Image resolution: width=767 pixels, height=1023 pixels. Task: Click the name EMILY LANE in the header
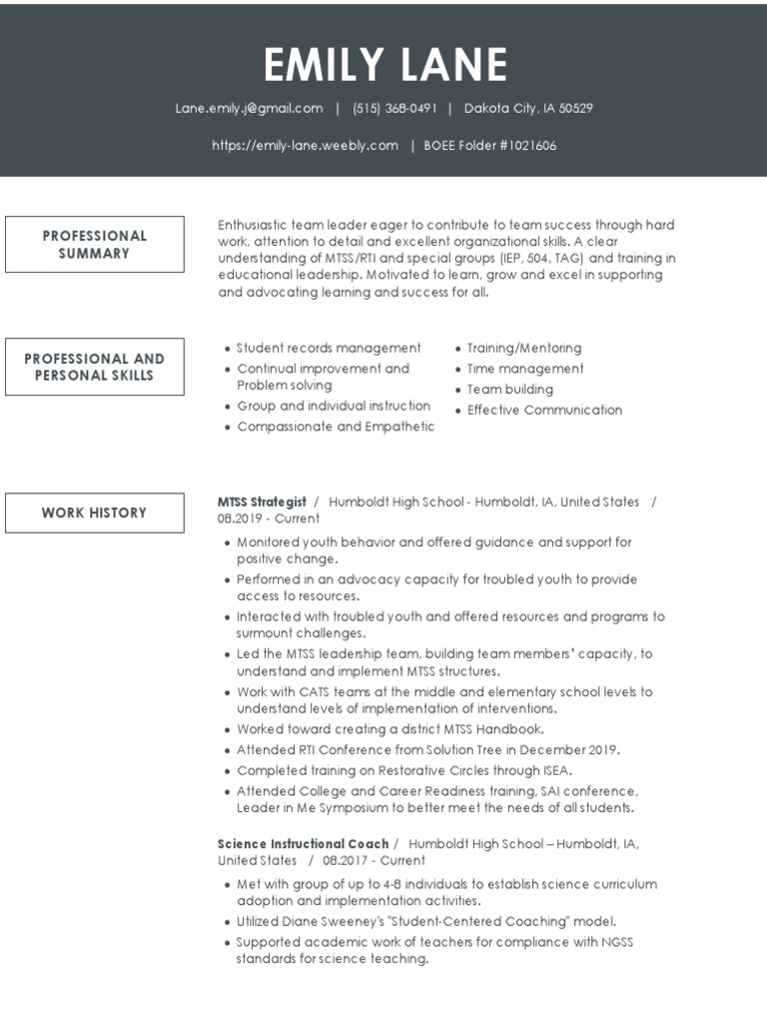pos(384,65)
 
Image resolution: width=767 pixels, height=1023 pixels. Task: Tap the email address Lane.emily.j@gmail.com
pos(249,108)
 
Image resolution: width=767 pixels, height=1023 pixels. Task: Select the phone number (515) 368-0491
pos(394,108)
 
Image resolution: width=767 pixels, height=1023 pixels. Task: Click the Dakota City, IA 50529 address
pos(528,108)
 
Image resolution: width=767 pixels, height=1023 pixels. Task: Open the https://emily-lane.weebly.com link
pos(305,145)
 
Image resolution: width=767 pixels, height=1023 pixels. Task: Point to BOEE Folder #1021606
pos(489,145)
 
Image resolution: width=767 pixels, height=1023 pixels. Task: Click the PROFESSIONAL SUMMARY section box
pos(95,245)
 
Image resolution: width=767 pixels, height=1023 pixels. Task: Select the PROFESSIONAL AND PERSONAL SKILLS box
pos(95,367)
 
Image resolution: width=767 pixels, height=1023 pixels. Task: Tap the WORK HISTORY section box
pos(95,512)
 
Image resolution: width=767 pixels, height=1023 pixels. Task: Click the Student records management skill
pos(329,348)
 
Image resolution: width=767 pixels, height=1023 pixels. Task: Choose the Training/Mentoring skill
pos(523,348)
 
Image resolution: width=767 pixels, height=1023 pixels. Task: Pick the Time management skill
pos(525,369)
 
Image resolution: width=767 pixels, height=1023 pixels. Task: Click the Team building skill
pos(509,390)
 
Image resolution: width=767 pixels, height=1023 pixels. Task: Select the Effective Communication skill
pos(544,410)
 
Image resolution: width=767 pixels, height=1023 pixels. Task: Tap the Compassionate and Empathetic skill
pos(336,427)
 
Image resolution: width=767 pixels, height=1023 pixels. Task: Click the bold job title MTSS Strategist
pos(262,502)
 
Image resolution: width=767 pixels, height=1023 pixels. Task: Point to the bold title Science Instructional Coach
pos(304,844)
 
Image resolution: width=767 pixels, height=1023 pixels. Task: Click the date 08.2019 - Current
pos(269,518)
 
